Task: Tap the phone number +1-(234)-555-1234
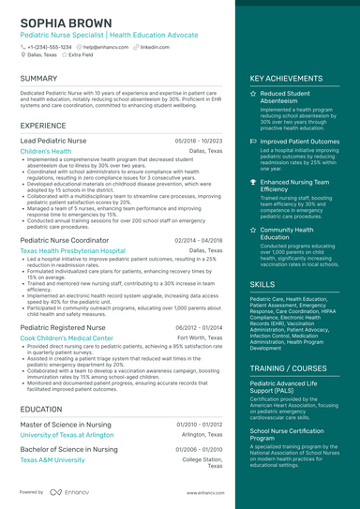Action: pos(49,46)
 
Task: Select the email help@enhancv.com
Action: pos(106,46)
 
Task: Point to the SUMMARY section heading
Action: pos(38,78)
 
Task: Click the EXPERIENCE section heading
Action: pos(43,125)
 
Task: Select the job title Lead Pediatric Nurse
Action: pos(54,140)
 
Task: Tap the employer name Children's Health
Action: pos(45,151)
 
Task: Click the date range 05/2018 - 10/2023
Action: pos(199,140)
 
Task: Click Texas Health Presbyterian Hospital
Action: pos(72,251)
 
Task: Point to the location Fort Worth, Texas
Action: pos(200,337)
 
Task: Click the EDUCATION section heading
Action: pos(41,409)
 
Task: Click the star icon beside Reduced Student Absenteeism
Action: pos(253,95)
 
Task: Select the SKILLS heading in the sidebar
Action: pos(262,284)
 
